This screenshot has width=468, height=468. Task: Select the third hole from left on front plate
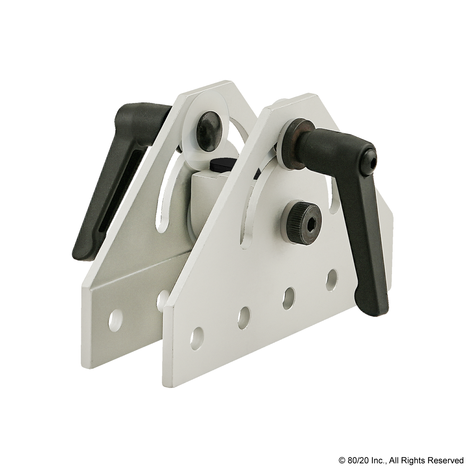click(289, 294)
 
